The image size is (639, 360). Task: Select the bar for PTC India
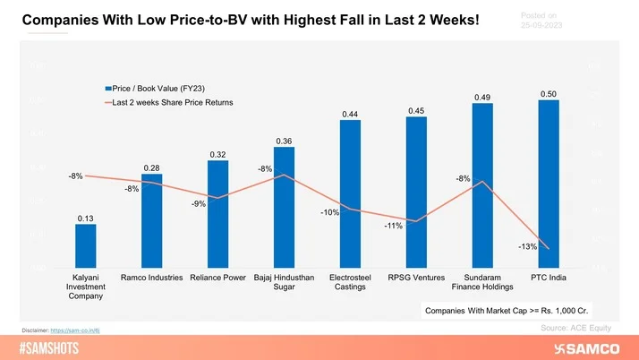coord(549,184)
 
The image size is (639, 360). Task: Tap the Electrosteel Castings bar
coord(350,193)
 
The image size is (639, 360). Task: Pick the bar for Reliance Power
coord(217,215)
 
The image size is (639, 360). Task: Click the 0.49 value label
coord(481,97)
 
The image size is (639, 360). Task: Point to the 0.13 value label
coord(85,218)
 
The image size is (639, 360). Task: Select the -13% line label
coord(528,246)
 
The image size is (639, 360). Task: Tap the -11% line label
coord(394,227)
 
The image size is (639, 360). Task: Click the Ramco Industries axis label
coord(151,278)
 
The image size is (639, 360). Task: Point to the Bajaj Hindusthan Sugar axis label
coord(284,282)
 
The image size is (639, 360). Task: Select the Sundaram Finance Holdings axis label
coord(482,282)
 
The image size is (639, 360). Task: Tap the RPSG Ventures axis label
coord(416,278)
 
